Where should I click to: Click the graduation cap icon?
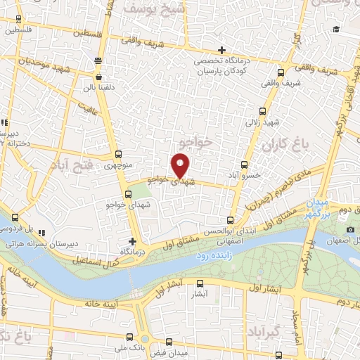tap(336, 29)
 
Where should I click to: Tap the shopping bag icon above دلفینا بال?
tap(98, 77)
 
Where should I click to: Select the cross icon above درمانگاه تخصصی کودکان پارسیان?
tap(221, 49)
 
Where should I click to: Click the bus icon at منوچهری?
tap(117, 155)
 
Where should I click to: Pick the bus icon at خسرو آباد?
tap(245, 165)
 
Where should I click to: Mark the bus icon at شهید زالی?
tap(263, 111)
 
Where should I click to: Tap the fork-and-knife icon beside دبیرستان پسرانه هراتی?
tap(42, 231)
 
